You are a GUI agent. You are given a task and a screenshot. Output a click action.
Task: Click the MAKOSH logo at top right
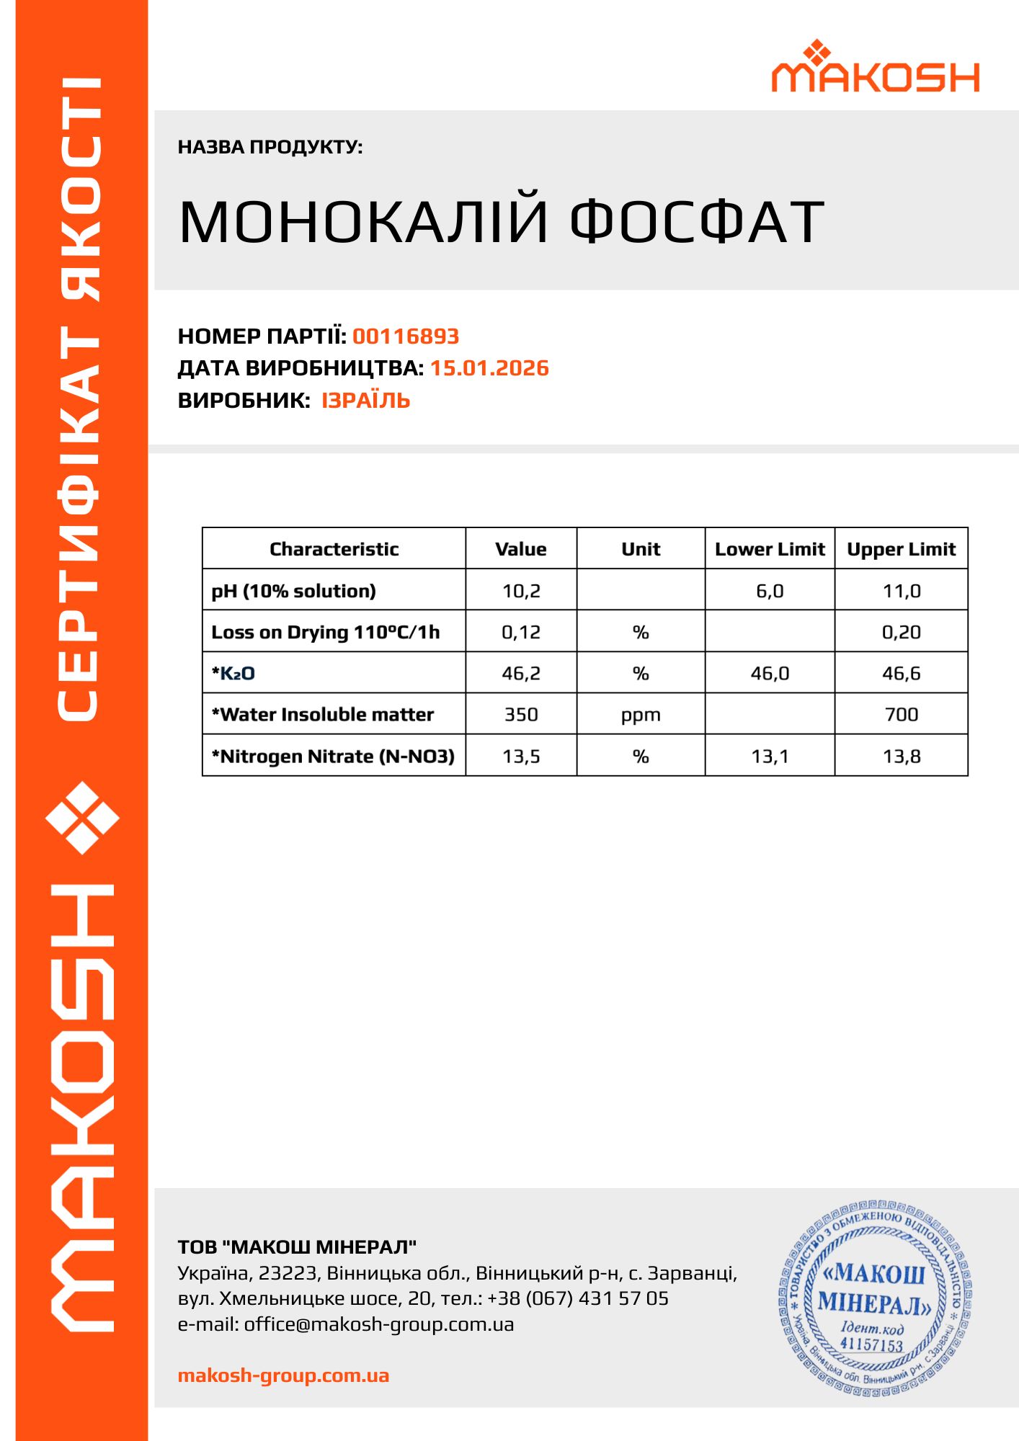[875, 68]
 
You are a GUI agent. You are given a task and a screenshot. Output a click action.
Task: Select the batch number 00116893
[406, 336]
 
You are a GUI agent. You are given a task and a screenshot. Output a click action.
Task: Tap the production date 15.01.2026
[489, 368]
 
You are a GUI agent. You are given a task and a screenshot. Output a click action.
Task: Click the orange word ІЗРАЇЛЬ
[365, 401]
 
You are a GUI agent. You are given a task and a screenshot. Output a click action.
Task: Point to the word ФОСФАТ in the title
[697, 221]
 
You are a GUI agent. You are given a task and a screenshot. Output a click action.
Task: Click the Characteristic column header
[334, 549]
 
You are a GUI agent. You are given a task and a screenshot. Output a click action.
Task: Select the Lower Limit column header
[770, 549]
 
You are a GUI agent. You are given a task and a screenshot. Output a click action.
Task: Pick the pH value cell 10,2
[521, 591]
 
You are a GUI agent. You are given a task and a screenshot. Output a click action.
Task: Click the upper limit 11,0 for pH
[902, 591]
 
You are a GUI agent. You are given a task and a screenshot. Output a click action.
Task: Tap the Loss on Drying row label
[325, 632]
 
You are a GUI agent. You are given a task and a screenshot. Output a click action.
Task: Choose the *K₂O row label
[233, 674]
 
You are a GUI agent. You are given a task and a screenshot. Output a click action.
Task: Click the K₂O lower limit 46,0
[770, 674]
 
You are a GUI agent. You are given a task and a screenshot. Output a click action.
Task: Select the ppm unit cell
[641, 715]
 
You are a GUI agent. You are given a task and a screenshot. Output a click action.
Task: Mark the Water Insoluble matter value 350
[521, 715]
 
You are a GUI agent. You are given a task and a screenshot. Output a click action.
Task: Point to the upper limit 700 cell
[902, 715]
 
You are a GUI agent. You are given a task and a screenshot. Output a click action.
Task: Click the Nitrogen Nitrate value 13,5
[521, 757]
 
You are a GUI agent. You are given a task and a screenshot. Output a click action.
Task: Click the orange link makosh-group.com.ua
[283, 1375]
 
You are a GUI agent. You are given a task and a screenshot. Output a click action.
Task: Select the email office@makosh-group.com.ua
[378, 1324]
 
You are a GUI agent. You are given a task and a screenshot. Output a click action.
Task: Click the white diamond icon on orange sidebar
[82, 818]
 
